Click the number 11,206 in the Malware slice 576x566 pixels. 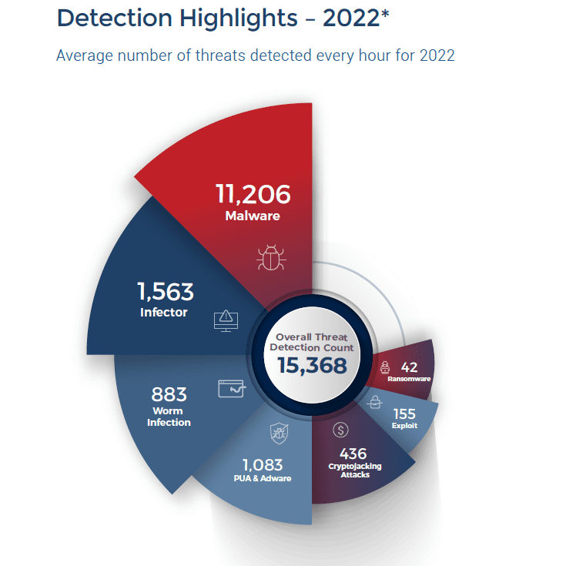pyautogui.click(x=253, y=193)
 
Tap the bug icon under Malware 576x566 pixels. pyautogui.click(x=270, y=258)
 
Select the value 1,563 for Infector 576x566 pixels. pyautogui.click(x=166, y=292)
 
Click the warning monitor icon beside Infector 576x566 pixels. pyautogui.click(x=224, y=317)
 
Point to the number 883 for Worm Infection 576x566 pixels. pyautogui.click(x=169, y=394)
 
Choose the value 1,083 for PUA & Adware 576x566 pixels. pyautogui.click(x=263, y=465)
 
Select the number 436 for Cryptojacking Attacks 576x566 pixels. pyautogui.click(x=353, y=454)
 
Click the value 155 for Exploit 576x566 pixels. pyautogui.click(x=404, y=413)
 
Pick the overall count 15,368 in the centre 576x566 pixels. pyautogui.click(x=312, y=366)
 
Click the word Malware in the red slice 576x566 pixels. pyautogui.click(x=253, y=216)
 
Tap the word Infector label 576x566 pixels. pyautogui.click(x=163, y=313)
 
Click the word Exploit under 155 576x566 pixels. pyautogui.click(x=404, y=425)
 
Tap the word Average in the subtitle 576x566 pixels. pyautogui.click(x=85, y=55)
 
